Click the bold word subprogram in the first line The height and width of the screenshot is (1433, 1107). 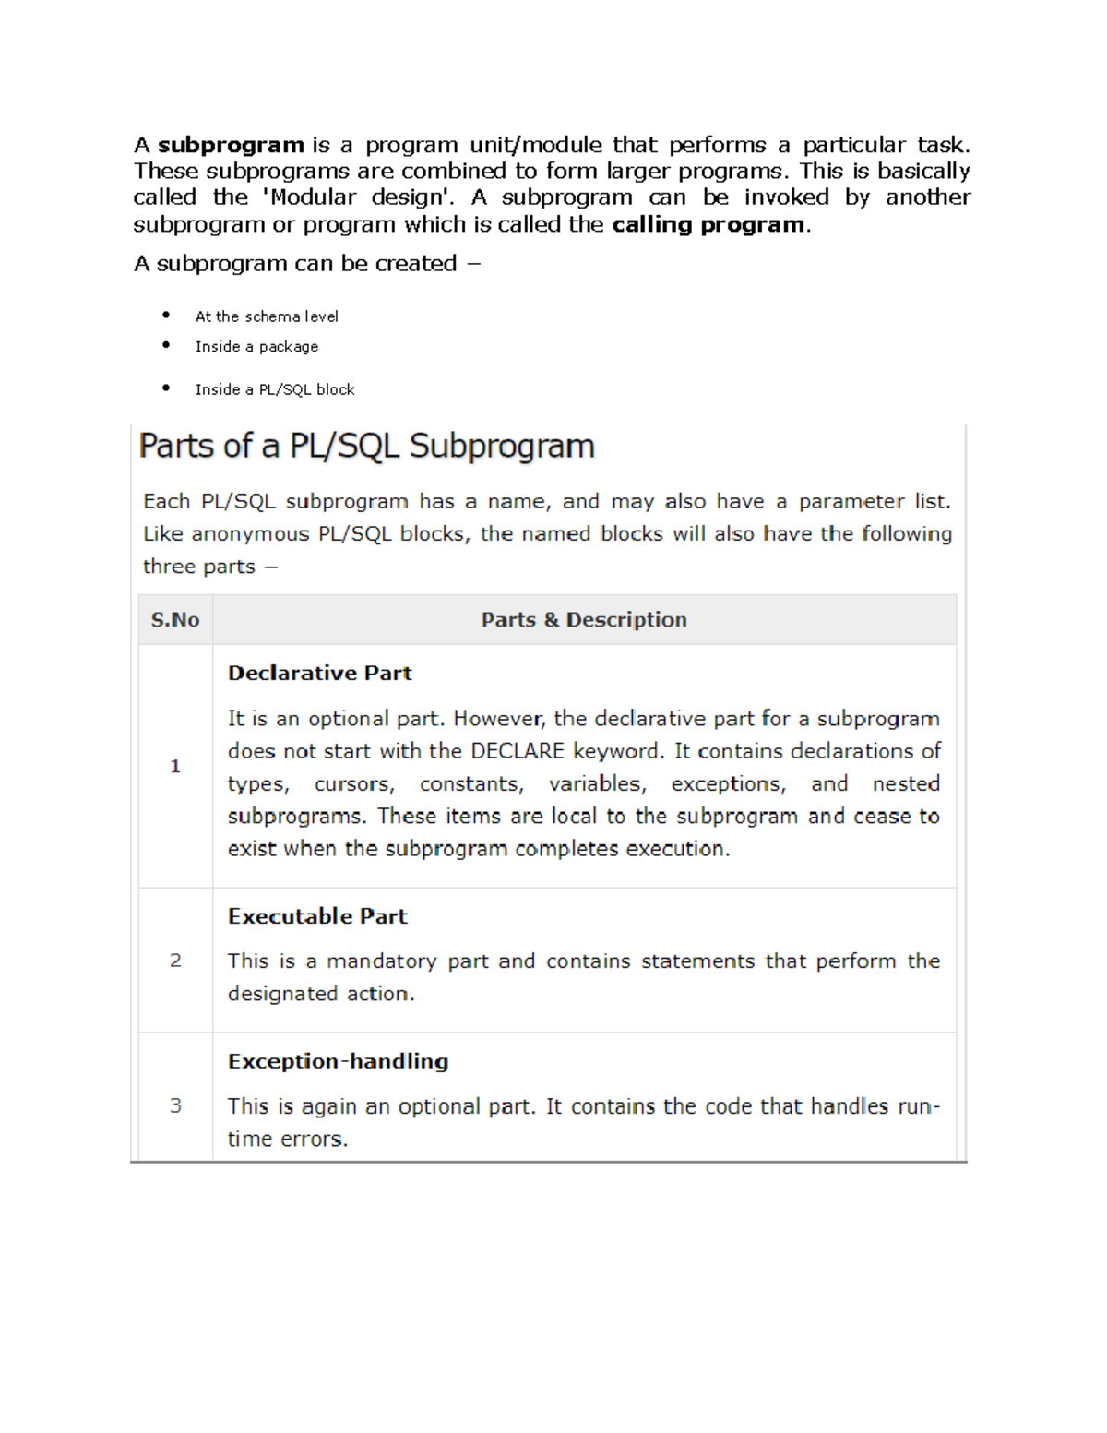pos(231,145)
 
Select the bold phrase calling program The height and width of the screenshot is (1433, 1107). pos(708,224)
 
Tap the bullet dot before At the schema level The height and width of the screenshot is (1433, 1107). pos(166,315)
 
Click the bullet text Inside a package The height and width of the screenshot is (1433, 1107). pos(256,347)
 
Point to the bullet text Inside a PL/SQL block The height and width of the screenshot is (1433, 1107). pos(275,389)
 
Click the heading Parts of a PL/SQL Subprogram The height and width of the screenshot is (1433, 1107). pos(366,446)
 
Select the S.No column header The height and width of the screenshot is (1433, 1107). pos(175,620)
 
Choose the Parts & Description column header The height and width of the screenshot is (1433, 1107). pos(584,620)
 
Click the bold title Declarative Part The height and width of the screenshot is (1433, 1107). pos(319,673)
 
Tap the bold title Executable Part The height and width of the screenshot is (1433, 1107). pos(317,916)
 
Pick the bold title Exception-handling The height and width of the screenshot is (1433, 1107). pos(338,1061)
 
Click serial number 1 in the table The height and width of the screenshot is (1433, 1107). pos(175,767)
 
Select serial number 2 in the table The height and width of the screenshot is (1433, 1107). pos(175,961)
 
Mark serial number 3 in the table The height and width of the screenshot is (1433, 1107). pos(175,1105)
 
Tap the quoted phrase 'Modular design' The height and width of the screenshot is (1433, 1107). pos(359,197)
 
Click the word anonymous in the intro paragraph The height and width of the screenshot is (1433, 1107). pos(250,534)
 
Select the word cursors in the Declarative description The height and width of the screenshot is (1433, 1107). pos(353,784)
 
